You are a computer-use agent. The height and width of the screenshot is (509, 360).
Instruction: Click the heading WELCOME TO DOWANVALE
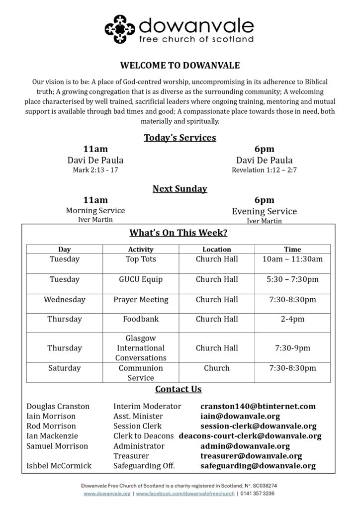(x=180, y=65)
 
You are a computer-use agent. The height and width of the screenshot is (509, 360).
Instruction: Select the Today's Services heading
(x=180, y=138)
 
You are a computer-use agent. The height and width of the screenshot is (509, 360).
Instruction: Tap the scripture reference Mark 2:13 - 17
(x=95, y=170)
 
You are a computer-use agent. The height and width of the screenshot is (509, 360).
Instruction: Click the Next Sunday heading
(x=180, y=189)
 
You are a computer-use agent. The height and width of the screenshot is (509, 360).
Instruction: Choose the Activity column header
(x=141, y=249)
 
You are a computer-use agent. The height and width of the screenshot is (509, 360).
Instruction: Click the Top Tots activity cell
(x=141, y=259)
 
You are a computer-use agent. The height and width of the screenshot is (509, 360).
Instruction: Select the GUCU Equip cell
(x=141, y=279)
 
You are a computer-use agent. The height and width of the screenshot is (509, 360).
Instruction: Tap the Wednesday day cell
(x=65, y=300)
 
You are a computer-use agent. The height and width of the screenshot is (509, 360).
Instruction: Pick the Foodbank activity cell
(x=141, y=319)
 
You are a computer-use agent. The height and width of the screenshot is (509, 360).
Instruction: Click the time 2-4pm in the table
(x=292, y=319)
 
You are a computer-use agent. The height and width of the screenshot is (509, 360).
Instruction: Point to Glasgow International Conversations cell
(x=141, y=348)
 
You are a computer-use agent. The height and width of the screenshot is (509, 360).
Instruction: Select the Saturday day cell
(x=65, y=368)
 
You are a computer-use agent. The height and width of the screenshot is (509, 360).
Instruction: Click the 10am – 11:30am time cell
(x=292, y=259)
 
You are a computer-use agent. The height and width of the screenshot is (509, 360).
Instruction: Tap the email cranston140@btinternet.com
(x=258, y=406)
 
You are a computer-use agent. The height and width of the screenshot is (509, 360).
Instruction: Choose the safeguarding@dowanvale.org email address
(x=258, y=466)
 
